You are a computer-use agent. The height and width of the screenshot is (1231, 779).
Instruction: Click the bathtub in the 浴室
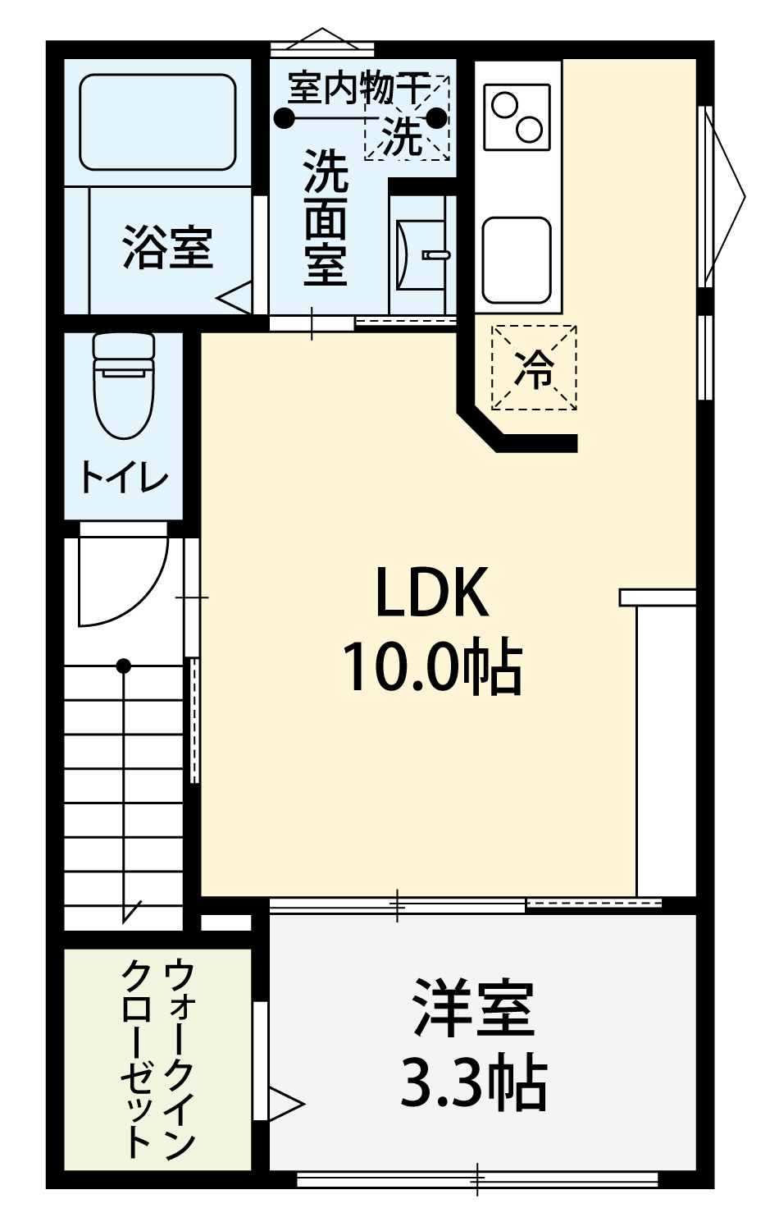tap(157, 122)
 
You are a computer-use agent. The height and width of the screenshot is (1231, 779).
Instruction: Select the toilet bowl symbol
tap(124, 384)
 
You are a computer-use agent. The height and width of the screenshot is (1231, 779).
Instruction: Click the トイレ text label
tap(124, 478)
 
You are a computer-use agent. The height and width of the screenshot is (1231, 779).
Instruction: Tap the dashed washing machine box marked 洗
tap(408, 117)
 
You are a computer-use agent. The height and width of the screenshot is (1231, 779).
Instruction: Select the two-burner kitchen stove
tap(517, 117)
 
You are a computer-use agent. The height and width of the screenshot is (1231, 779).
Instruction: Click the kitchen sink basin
tap(517, 259)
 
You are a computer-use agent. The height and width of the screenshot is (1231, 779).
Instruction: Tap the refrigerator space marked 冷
tap(534, 367)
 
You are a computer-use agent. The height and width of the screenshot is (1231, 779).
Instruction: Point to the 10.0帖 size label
tap(432, 666)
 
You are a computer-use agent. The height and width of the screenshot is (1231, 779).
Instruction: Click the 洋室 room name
tap(474, 1008)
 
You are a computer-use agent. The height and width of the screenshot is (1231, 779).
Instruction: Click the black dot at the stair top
tap(124, 666)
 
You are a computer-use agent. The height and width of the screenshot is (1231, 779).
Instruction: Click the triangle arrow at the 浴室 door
tap(235, 297)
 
